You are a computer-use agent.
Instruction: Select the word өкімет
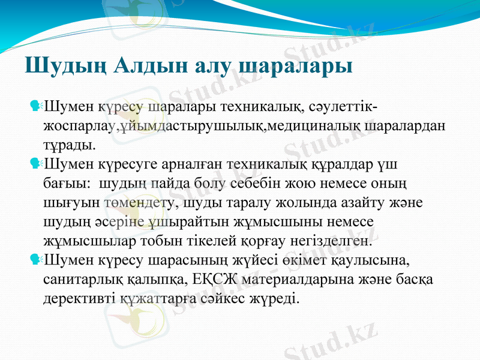click(317, 260)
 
